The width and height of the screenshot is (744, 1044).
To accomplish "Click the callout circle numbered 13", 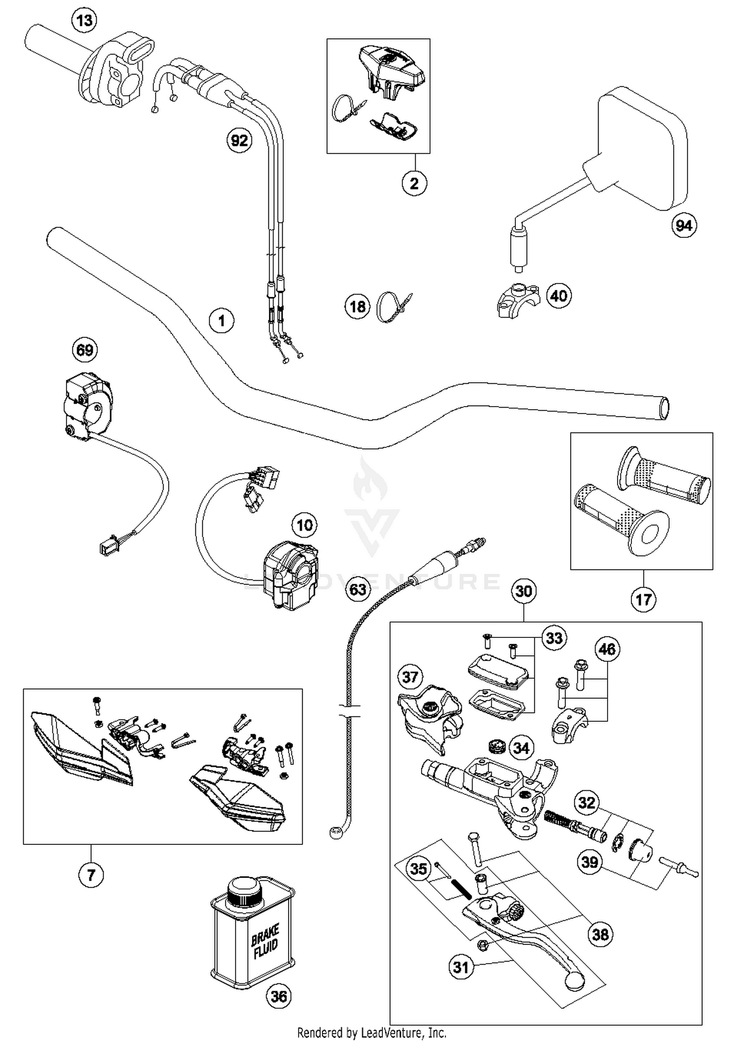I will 84,21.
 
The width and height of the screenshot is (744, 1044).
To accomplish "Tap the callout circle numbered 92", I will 239,140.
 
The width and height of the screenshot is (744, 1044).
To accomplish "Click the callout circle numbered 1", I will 221,321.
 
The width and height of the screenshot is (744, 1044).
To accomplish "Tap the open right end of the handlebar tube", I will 663,408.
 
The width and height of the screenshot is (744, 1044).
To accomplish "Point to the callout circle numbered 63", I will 358,589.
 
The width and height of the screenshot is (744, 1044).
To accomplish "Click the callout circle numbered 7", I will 91,874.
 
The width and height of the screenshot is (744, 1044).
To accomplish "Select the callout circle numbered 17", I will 643,600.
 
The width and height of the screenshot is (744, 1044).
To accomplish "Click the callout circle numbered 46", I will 607,649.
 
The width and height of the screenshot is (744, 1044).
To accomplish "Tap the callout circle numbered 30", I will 524,591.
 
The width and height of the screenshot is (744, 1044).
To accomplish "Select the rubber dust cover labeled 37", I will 428,715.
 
